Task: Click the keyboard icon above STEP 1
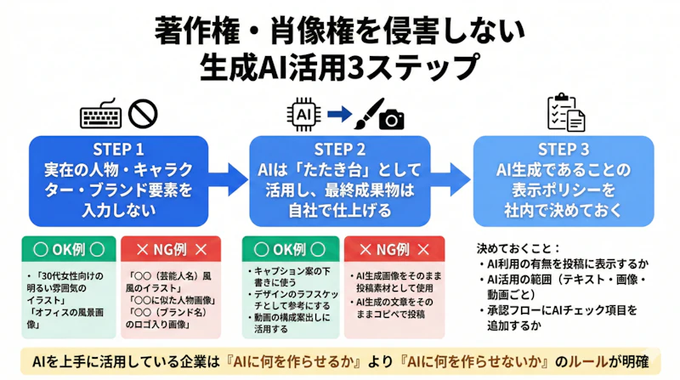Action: pyautogui.click(x=101, y=114)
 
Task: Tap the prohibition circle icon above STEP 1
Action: pyautogui.click(x=144, y=114)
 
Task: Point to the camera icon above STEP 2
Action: pyautogui.click(x=392, y=120)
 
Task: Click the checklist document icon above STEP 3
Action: pyautogui.click(x=565, y=114)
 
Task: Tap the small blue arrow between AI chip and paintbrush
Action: pyautogui.click(x=338, y=113)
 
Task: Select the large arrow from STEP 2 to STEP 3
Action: pyautogui.click(x=451, y=177)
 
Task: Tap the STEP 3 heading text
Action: pyautogui.click(x=563, y=147)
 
